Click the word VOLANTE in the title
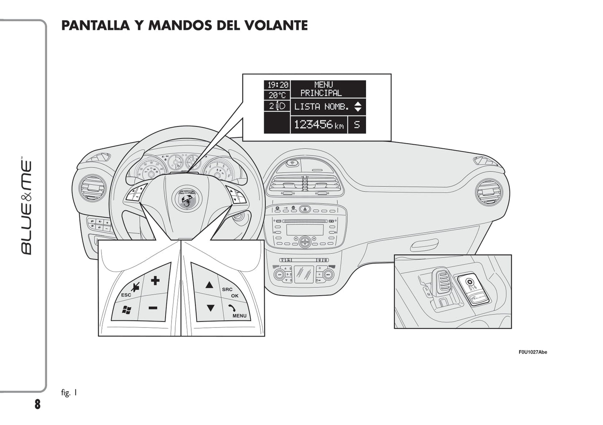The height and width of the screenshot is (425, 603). coord(275,25)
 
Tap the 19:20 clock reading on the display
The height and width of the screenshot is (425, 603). coord(278,85)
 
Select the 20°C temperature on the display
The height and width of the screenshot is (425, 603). coord(277,96)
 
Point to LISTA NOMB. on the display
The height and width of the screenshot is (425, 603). coord(321,107)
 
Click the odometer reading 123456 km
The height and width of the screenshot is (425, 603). coord(319,125)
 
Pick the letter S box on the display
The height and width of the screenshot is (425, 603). coord(357,125)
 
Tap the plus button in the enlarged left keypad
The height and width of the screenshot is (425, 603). coord(155,280)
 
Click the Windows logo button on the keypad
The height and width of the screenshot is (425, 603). coord(126,310)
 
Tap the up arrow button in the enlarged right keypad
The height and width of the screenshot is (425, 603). coord(209,285)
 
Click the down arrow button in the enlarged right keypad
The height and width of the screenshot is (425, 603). coord(210,308)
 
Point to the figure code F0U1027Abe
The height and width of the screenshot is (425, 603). coord(532,352)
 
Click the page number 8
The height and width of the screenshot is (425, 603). coord(38,404)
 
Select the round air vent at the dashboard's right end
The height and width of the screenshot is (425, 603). coord(489,192)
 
